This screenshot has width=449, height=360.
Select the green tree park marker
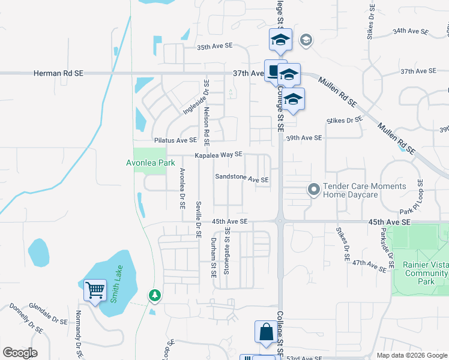155,295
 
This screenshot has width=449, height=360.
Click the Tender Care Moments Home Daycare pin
313,190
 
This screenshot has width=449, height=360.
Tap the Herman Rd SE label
58,73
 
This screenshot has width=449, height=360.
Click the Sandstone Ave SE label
242,179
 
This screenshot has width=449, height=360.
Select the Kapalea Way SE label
218,155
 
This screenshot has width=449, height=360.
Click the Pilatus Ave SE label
175,140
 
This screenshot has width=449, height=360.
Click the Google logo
20,353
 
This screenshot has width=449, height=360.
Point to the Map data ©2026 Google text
411,355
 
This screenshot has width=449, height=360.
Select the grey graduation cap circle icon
306,40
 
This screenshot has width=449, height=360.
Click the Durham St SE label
213,256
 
